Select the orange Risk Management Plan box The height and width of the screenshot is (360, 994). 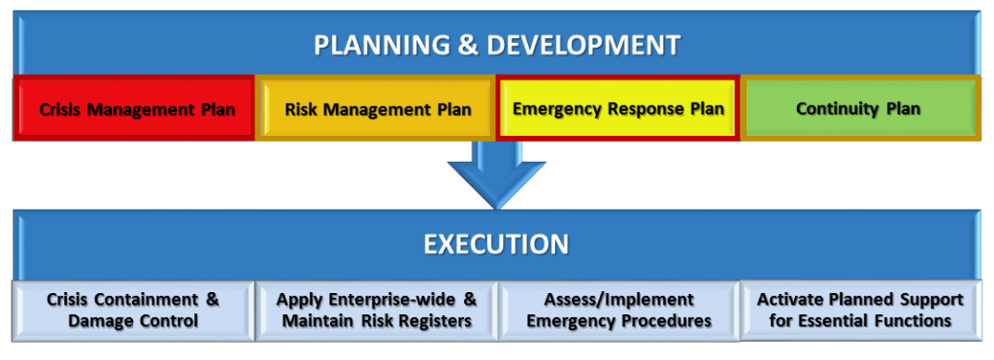377,109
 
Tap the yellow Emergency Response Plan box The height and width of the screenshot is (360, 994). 617,109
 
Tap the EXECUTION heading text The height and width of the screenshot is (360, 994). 496,244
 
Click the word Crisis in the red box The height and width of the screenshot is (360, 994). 60,110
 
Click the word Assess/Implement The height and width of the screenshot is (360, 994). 618,300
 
